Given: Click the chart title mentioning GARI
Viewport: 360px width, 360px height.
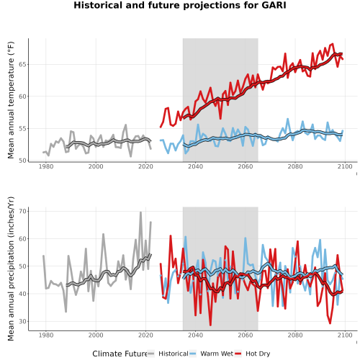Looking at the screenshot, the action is [x=180, y=5].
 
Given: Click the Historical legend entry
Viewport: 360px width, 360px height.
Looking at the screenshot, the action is [x=168, y=354].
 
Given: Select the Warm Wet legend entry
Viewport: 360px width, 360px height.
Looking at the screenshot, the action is [x=211, y=354].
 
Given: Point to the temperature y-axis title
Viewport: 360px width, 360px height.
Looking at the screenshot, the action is [x=11, y=100].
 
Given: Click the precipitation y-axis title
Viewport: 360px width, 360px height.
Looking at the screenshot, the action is [x=11, y=269].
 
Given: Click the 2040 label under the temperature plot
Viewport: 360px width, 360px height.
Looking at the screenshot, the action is [x=195, y=166].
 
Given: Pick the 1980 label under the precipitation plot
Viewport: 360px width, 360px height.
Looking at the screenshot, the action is [x=46, y=335].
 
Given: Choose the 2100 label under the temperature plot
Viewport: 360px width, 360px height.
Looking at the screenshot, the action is [x=345, y=166].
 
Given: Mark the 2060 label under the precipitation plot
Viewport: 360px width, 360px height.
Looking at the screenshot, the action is [x=246, y=335].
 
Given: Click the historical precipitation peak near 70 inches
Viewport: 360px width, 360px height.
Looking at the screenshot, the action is [x=140, y=212].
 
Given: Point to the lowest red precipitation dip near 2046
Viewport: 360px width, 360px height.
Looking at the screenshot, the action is [x=210, y=325].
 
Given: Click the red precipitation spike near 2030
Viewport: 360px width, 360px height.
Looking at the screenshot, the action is [x=171, y=236].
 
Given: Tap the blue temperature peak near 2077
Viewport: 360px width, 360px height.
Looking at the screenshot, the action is [x=287, y=119].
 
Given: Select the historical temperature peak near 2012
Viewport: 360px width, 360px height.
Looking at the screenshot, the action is [x=126, y=125].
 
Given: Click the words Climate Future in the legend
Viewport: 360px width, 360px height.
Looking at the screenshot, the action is [x=120, y=354].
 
